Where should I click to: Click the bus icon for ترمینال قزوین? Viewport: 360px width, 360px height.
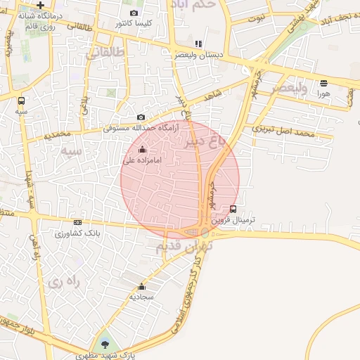point(233,208)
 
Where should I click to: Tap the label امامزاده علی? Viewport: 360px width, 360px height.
point(143,160)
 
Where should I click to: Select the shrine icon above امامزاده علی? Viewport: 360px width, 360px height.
point(143,149)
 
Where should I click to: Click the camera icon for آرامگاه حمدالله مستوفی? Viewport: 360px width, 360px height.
point(141,117)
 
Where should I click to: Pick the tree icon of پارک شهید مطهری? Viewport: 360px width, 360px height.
point(105,344)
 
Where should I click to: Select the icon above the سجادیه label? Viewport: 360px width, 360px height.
point(142,286)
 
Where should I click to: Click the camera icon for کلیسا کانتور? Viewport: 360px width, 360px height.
point(134,13)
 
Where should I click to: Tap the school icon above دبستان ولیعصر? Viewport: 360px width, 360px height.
point(198,44)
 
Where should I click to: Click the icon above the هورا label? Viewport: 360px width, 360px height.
point(323,82)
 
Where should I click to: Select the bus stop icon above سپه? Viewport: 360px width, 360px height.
point(22,100)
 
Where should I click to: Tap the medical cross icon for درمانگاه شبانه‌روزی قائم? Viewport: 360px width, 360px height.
point(40,5)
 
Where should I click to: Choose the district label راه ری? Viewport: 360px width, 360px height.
point(65,283)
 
